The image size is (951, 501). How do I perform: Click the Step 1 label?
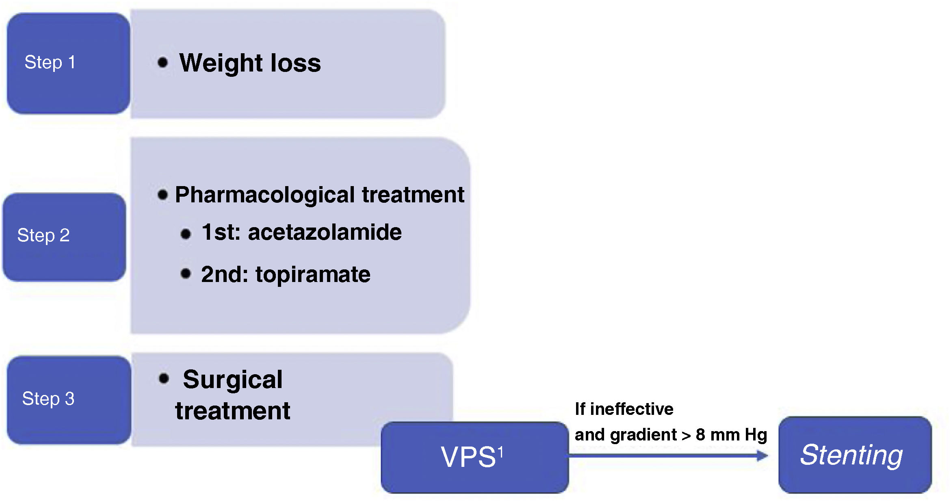tap(50, 63)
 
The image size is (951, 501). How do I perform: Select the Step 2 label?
tap(43, 235)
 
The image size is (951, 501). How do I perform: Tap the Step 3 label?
tap(48, 399)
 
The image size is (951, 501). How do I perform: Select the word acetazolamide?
tap(325, 232)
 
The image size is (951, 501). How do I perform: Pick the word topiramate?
tap(313, 275)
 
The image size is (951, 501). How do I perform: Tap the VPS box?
tap(474, 458)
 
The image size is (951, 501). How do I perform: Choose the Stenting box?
tap(855, 455)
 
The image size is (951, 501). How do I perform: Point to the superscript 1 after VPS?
tap(500, 451)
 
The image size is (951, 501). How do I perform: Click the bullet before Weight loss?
tap(163, 62)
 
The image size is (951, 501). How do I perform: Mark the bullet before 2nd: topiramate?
tap(186, 273)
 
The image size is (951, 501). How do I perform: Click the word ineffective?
tap(632, 409)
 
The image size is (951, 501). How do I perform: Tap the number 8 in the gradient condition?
tap(700, 435)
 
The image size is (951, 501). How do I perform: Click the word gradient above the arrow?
tap(643, 435)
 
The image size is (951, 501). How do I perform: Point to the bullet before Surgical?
tap(164, 378)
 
